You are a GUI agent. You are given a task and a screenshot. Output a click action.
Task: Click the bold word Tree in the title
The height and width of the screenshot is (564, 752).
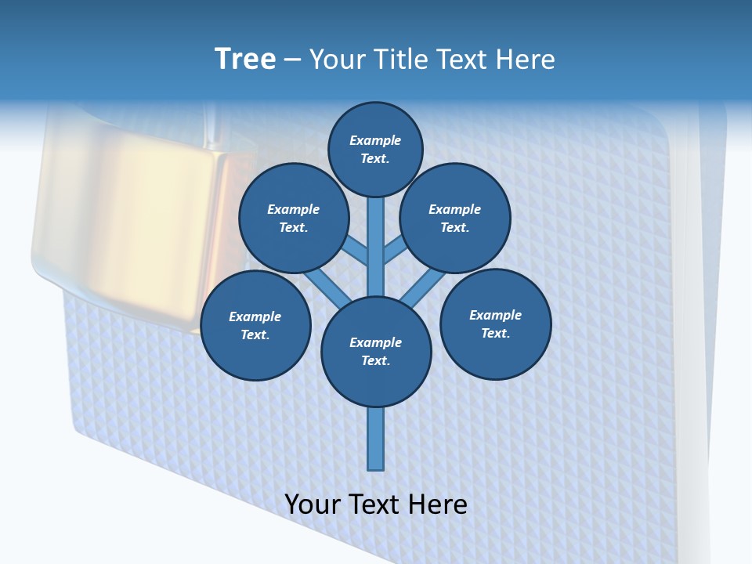245,60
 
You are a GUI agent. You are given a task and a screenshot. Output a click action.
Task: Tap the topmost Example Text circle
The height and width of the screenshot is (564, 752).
375,150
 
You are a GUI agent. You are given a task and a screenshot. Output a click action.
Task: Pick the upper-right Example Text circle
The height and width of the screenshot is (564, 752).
455,219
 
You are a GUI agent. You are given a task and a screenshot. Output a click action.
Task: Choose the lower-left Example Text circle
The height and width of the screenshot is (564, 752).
255,326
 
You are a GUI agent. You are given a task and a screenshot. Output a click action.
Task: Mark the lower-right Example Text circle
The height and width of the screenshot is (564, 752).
496,324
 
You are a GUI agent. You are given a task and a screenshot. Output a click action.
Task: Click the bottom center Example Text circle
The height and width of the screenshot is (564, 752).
376,352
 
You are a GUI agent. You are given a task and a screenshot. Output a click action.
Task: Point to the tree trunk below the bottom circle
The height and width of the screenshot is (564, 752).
376,439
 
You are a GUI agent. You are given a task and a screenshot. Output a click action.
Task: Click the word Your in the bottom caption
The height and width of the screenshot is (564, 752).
313,504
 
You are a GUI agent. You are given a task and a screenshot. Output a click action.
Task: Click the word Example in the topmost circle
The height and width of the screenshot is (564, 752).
375,141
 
